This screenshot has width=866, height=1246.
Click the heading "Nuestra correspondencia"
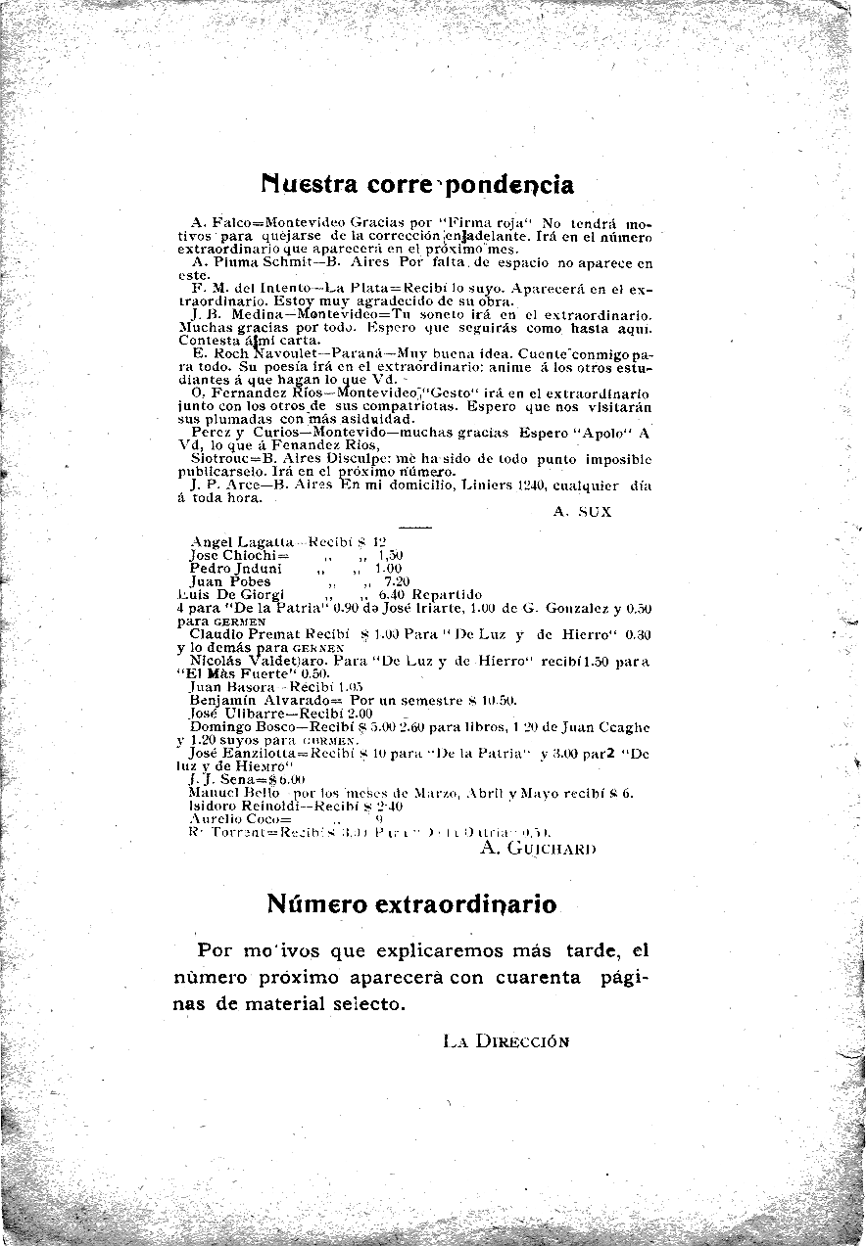pyautogui.click(x=417, y=184)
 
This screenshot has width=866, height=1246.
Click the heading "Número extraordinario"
pyautogui.click(x=411, y=903)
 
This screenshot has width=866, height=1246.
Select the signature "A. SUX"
pyautogui.click(x=582, y=511)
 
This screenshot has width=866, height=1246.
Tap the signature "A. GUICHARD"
pyautogui.click(x=538, y=848)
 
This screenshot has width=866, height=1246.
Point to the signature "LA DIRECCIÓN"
pyautogui.click(x=505, y=1041)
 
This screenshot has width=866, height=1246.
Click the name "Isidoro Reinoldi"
pyautogui.click(x=245, y=807)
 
